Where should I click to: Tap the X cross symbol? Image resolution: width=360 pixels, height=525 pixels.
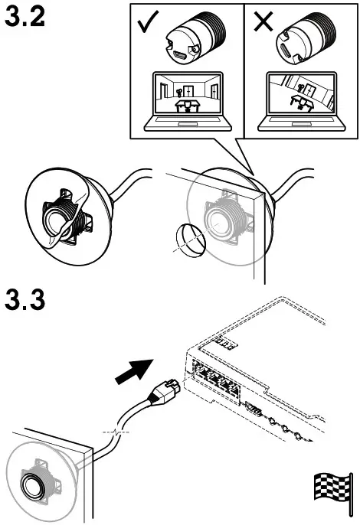(x=263, y=21)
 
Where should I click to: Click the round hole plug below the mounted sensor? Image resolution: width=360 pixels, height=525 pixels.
(x=185, y=241)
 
